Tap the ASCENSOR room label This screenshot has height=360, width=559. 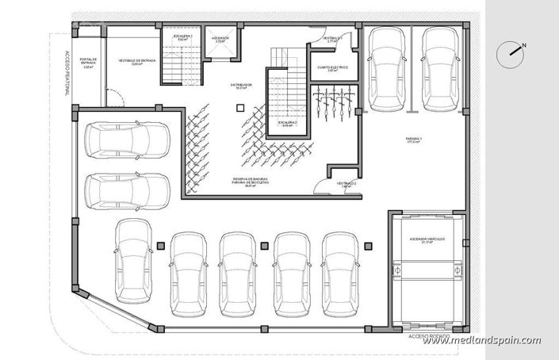(x=220, y=38)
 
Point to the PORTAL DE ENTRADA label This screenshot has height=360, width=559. (x=89, y=63)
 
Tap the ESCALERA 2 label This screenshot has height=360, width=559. (x=287, y=123)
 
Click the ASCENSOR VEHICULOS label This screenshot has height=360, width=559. (x=427, y=239)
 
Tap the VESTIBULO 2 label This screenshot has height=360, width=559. (x=346, y=184)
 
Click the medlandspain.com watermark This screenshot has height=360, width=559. (x=481, y=340)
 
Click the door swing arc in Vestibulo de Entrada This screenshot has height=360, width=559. (x=116, y=99)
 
